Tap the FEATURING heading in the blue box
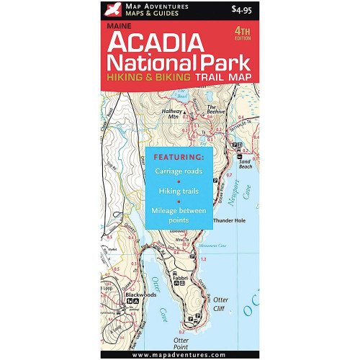click(180, 156)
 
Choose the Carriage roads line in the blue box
click(180, 173)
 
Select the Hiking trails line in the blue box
click(180, 192)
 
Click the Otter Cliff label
click(220, 304)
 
